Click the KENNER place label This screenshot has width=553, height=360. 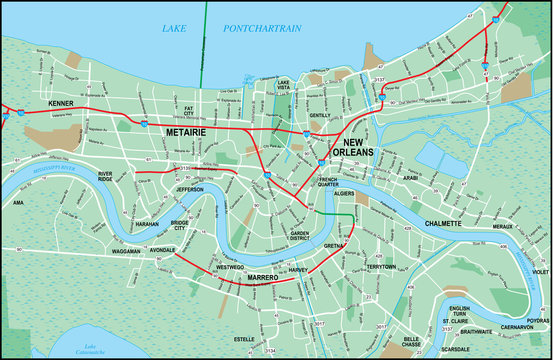tap(62, 104)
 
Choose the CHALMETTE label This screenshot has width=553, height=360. tap(443, 224)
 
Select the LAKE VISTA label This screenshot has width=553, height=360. tap(284, 85)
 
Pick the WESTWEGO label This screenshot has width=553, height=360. tap(229, 268)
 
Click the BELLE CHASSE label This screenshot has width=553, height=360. tap(405, 342)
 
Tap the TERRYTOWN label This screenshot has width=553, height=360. tap(382, 267)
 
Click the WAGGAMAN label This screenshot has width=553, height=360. tap(126, 253)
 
